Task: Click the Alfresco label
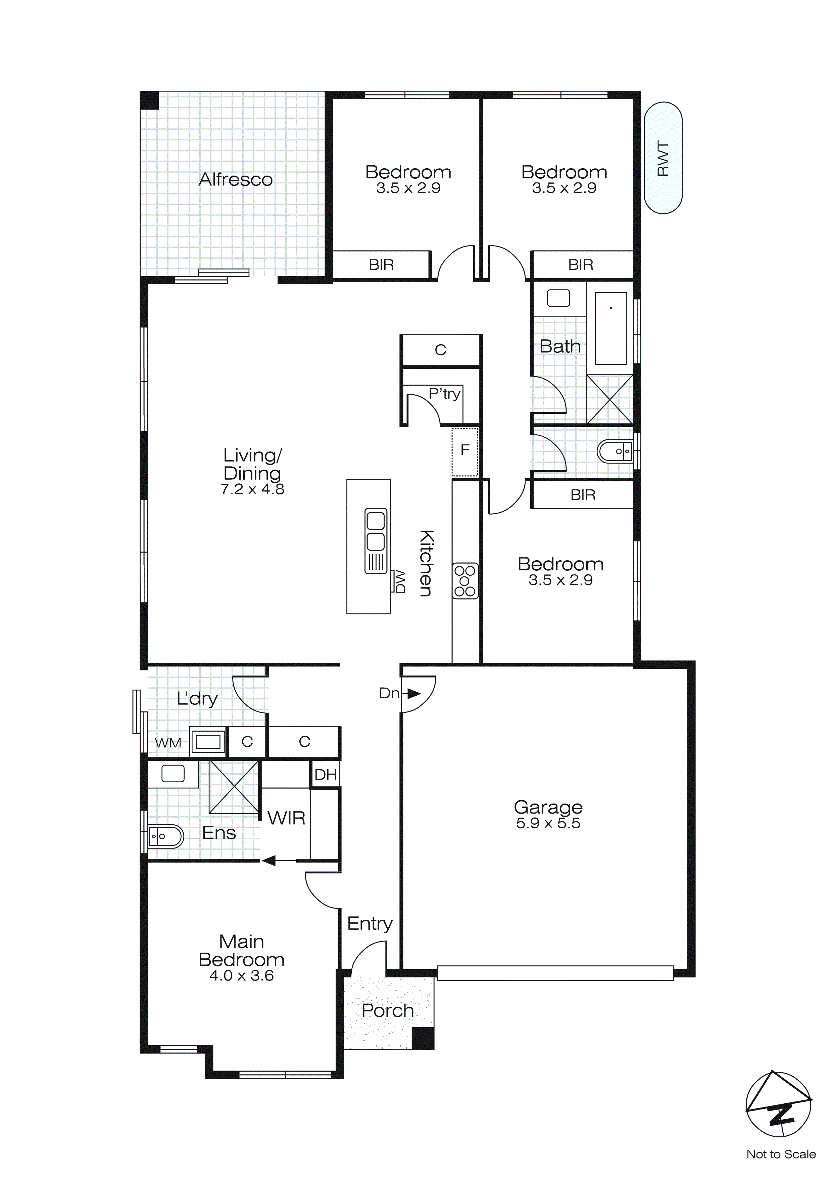[236, 179]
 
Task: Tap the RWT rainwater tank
[663, 158]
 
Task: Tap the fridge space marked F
[465, 451]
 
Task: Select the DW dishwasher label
[399, 581]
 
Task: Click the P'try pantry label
[444, 394]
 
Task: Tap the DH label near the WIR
[326, 775]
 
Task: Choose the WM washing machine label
[168, 742]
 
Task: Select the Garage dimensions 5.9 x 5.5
[548, 823]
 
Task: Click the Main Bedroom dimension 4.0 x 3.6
[241, 975]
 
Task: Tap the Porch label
[388, 1010]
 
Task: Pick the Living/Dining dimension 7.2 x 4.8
[252, 489]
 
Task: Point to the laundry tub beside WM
[207, 741]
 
